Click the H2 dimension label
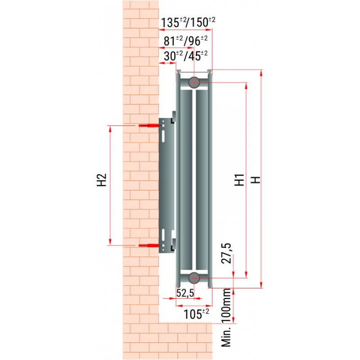click(102, 180)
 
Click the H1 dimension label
click(239, 180)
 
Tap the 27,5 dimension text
click(226, 253)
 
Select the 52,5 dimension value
click(185, 293)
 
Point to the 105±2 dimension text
click(196, 314)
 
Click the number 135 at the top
click(170, 23)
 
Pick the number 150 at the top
click(199, 22)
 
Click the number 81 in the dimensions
click(170, 41)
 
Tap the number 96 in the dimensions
click(194, 41)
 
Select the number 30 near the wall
click(170, 56)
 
